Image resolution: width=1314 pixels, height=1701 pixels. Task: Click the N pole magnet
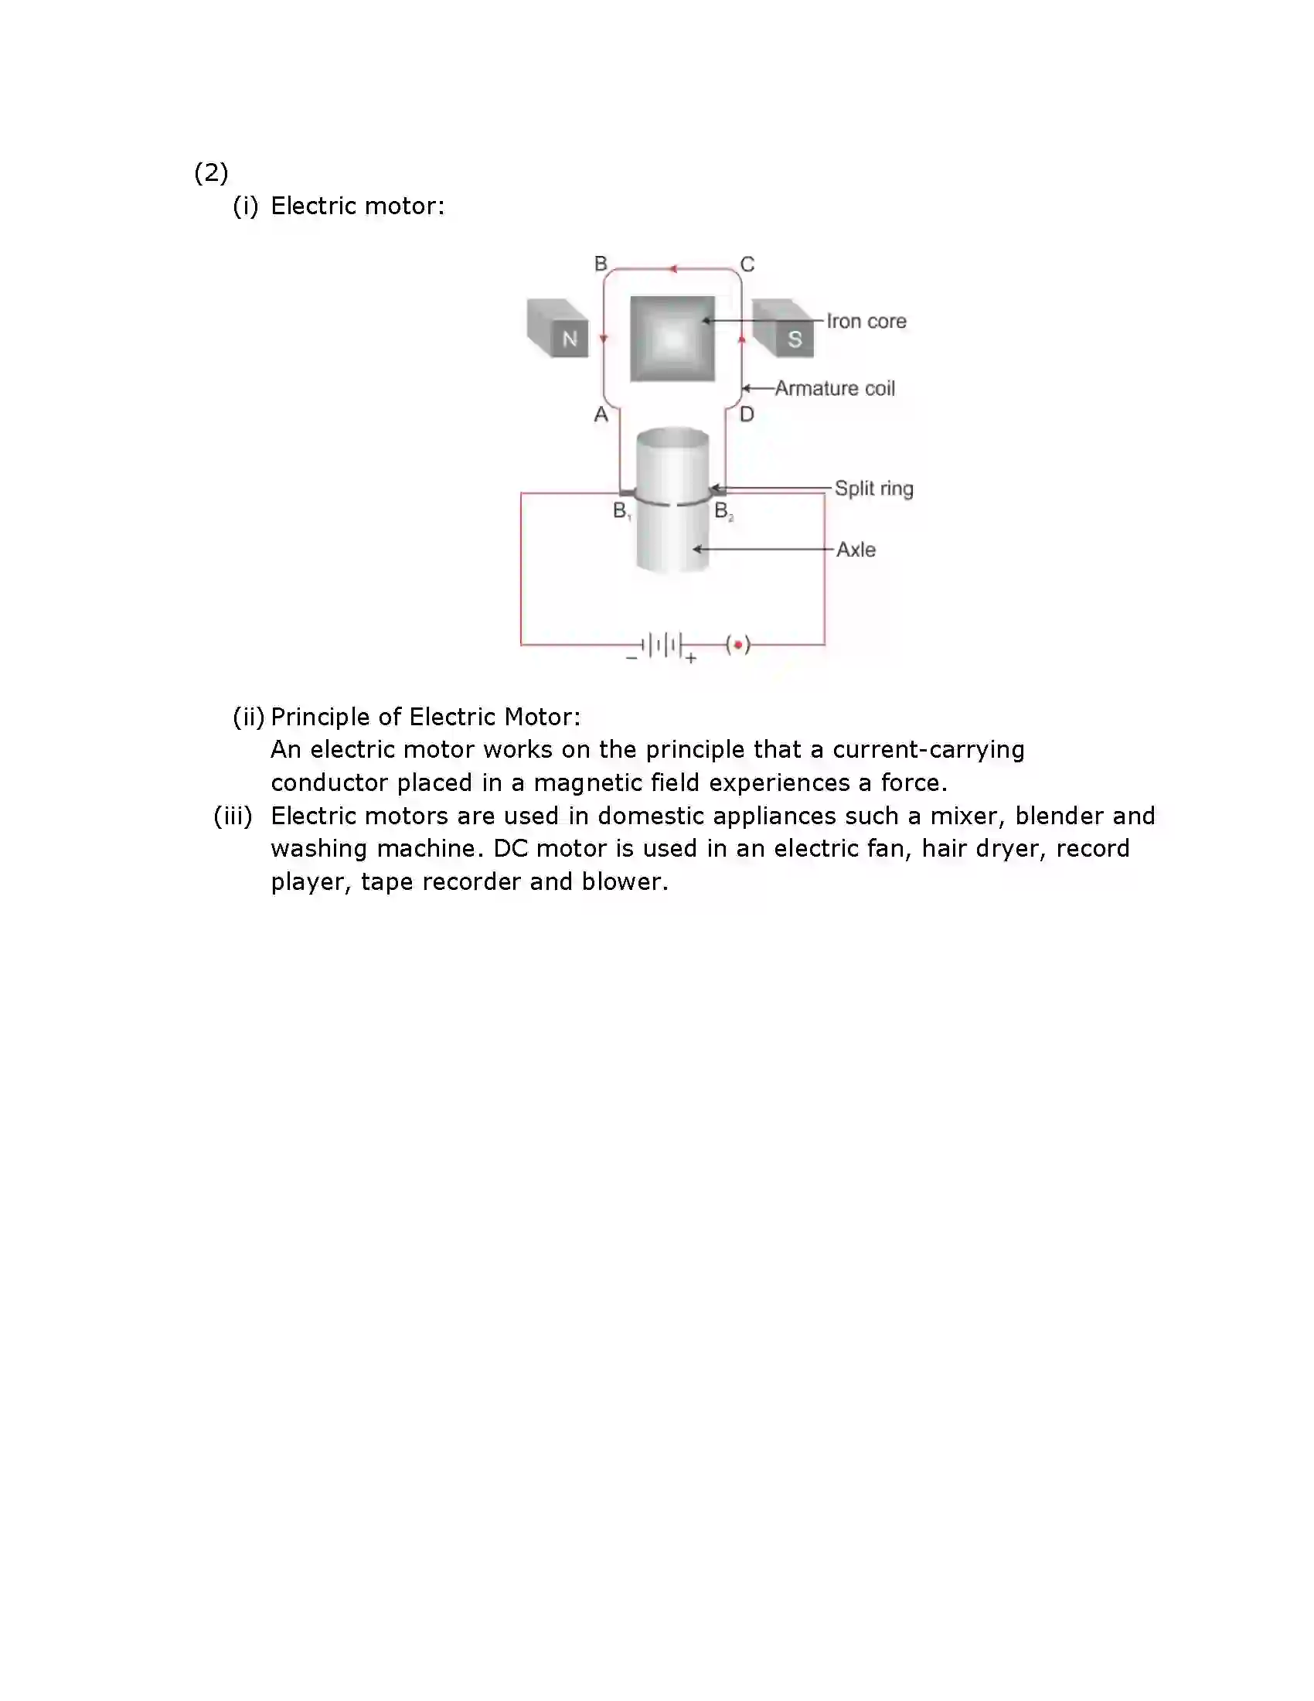[x=558, y=329]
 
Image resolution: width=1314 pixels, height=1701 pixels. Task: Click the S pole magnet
[x=785, y=329]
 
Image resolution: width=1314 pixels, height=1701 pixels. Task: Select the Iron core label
[x=866, y=321]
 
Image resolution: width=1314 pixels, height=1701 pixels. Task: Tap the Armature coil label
[x=835, y=388]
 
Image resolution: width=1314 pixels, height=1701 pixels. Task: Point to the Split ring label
[x=873, y=489]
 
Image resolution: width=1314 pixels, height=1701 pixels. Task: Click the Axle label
[x=856, y=549]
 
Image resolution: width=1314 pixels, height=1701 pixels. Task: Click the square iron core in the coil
[x=672, y=339]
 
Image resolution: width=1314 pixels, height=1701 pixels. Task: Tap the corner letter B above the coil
[x=601, y=264]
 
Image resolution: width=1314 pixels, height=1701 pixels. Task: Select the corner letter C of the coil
[x=747, y=264]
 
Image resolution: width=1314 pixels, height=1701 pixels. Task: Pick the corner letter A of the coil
[x=601, y=414]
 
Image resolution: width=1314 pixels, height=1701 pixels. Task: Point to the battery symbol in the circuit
[x=662, y=646]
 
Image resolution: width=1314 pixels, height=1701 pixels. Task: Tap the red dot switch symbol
[x=738, y=645]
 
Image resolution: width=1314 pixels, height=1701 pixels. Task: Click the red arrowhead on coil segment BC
[x=673, y=270]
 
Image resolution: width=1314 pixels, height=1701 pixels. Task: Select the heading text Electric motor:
[x=357, y=206]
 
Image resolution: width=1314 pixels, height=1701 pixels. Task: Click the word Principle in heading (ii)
[x=320, y=717]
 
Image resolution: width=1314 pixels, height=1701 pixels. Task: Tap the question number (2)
[x=211, y=172]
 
